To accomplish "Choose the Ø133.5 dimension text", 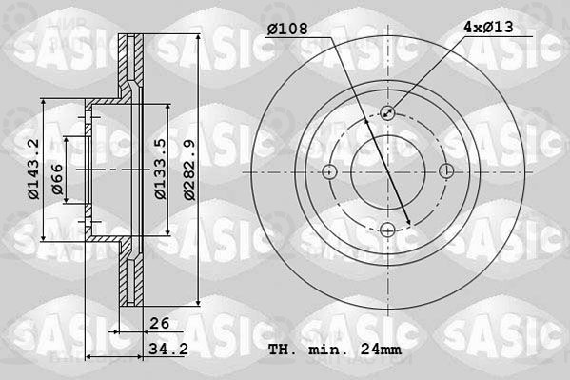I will [x=162, y=170].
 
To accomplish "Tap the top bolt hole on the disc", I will [x=388, y=112].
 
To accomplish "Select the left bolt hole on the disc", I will [x=330, y=171].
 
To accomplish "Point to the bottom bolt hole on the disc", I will [x=388, y=230].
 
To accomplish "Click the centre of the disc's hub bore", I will [x=388, y=171].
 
